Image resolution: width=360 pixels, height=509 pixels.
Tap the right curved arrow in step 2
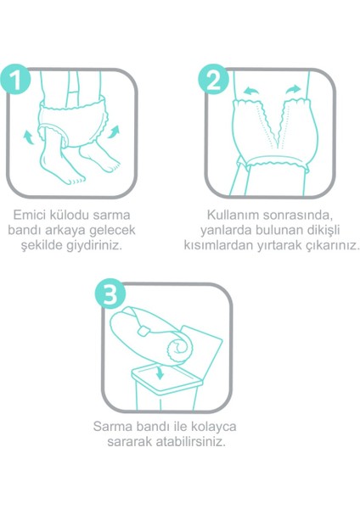click(293, 88)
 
